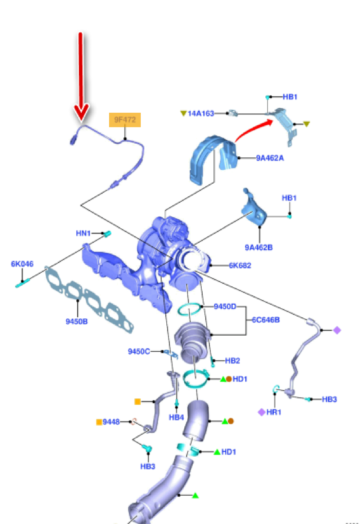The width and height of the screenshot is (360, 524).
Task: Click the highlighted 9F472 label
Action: pos(125,120)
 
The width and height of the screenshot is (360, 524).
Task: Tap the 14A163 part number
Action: pos(201,113)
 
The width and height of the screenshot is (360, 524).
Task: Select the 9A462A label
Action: pos(270,158)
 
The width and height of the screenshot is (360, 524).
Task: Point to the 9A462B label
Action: pos(258,247)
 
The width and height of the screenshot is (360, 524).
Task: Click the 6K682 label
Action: pos(240,265)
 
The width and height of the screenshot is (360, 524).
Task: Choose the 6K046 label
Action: pos(22,264)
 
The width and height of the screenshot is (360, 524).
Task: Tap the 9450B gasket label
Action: pos(76,321)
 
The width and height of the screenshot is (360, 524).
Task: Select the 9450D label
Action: pos(225,306)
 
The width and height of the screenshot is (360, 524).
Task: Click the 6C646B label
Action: pos(266,320)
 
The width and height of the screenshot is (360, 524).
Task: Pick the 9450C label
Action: pos(139,351)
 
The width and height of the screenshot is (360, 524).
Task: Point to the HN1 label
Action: pos(83,233)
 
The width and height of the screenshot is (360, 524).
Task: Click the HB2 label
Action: pos(232,360)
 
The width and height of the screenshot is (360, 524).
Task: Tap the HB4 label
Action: pos(176,417)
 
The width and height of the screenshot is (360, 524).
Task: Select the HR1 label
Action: pos(274,412)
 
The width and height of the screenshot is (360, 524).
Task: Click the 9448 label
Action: pos(111,422)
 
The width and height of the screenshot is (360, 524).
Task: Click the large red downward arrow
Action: pos(81,76)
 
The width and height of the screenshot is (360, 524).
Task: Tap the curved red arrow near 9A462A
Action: pos(253,129)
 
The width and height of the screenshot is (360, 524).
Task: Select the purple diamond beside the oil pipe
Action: pos(337,330)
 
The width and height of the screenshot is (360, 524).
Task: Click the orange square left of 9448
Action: pos(99,422)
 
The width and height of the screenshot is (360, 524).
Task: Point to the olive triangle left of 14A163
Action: pos(183,113)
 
